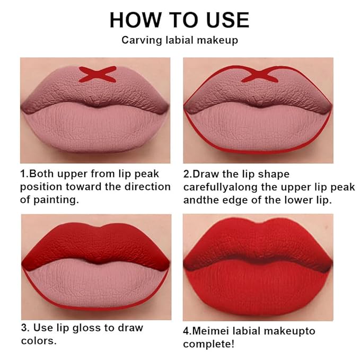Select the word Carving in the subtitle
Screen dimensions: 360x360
[x=139, y=40]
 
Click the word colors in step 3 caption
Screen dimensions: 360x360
[x=38, y=340]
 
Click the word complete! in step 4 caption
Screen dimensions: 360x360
[x=207, y=344]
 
